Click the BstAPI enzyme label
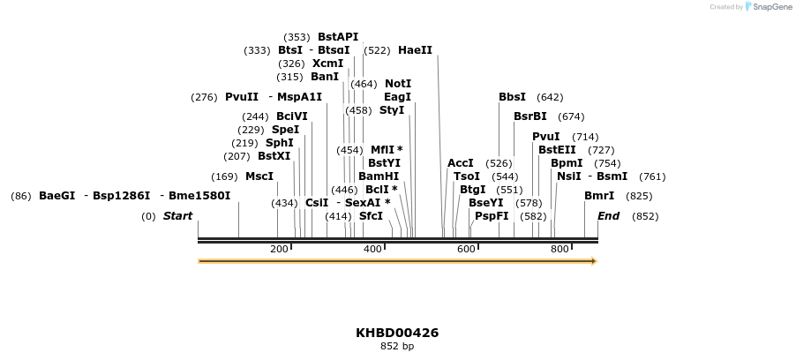click(338, 37)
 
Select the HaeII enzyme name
click(415, 50)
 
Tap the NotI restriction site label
click(398, 84)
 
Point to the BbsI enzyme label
click(512, 97)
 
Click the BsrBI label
click(529, 116)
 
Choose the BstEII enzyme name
click(557, 150)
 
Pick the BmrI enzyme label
click(599, 196)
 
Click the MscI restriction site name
click(259, 176)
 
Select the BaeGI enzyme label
click(57, 196)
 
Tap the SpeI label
click(285, 130)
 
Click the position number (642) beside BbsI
click(550, 97)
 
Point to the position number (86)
click(21, 196)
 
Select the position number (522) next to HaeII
click(377, 50)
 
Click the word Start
click(177, 216)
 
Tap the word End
click(609, 216)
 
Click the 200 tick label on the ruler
click(279, 250)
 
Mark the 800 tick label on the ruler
click(559, 250)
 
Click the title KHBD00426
click(397, 333)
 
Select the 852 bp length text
click(397, 347)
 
